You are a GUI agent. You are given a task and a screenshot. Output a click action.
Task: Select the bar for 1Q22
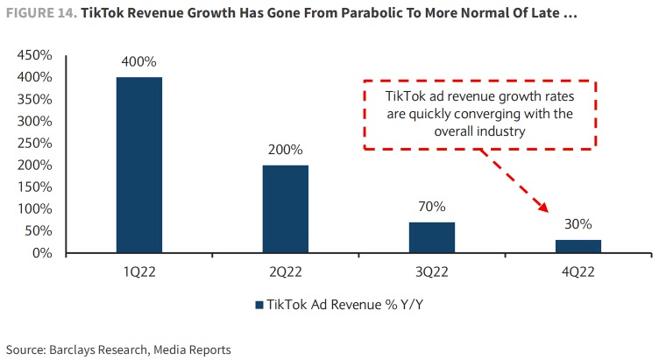(x=138, y=165)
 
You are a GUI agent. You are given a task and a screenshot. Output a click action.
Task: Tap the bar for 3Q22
(x=432, y=237)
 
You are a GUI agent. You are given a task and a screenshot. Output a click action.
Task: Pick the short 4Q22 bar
(x=578, y=246)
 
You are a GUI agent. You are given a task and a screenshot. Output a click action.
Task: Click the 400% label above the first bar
(x=138, y=62)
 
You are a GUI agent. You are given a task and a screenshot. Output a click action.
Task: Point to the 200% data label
(x=285, y=150)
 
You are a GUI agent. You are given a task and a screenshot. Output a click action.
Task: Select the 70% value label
(x=432, y=208)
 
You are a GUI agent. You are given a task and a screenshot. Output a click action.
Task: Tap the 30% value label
(x=578, y=225)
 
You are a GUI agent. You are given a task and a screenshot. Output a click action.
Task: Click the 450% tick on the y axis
(x=34, y=55)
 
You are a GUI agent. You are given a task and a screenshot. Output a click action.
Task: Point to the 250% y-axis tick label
(x=34, y=143)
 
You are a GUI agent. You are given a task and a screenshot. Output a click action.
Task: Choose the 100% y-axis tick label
(x=34, y=209)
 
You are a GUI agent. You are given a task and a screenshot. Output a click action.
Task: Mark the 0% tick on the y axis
(x=40, y=253)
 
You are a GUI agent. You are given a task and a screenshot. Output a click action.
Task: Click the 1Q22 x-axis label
(x=138, y=272)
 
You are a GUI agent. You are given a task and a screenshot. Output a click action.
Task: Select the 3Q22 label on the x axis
(x=432, y=272)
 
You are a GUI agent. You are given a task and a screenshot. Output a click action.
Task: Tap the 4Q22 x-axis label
(x=578, y=272)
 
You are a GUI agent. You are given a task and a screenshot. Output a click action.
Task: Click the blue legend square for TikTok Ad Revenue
(x=259, y=305)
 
